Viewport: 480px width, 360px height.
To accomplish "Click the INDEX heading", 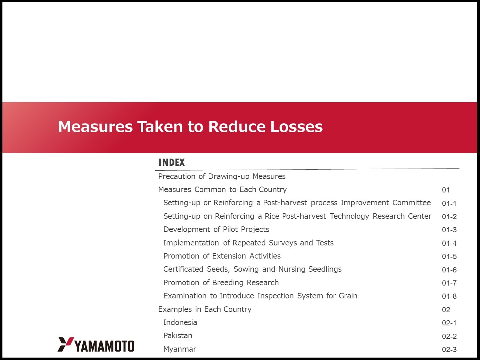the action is pos(172,162).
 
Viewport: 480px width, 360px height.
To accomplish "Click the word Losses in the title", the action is pos(297,127).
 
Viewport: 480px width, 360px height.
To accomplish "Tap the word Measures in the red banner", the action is pos(96,127).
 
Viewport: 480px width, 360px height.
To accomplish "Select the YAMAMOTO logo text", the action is pos(105,346).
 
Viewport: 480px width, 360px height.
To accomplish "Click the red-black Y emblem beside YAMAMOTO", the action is pos(65,344).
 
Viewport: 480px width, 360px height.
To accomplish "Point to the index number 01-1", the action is pos(449,204).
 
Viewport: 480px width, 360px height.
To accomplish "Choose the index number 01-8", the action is pos(449,296).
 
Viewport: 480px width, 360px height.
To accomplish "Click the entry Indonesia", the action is pos(180,322).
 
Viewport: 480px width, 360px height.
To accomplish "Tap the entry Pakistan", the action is pos(178,335).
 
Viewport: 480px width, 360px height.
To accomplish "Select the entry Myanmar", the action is pos(180,349).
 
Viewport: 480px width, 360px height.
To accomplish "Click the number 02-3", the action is pos(449,350).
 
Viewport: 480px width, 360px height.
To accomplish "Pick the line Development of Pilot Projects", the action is pos(216,229).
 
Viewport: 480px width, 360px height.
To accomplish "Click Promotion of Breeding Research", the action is pos(221,282).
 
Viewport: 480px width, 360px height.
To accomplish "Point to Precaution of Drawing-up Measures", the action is pos(222,176).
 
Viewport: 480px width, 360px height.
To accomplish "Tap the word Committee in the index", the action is pos(411,202).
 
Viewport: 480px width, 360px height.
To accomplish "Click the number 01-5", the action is pos(449,256).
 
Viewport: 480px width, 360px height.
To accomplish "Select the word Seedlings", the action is pos(325,269).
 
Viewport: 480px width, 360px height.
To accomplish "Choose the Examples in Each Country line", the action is pos(205,309).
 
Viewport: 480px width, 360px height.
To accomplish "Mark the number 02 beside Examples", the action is pos(446,310).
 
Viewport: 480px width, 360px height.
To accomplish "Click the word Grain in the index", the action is pos(348,296).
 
